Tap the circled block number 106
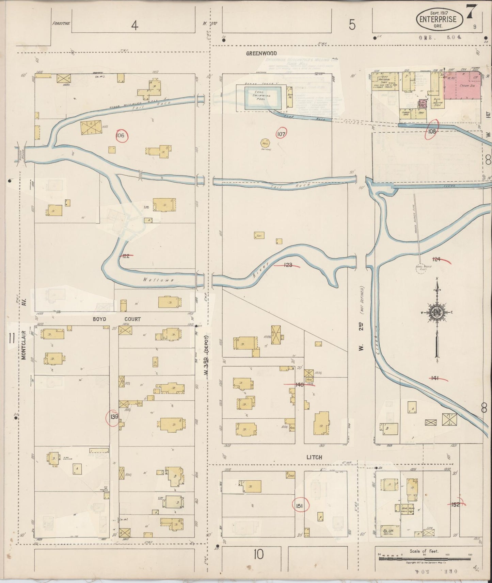121,136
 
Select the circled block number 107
281,134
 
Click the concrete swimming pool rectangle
263,98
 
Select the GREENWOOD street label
261,53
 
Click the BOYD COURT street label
116,319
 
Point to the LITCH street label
314,457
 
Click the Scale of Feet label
424,551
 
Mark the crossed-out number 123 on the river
288,265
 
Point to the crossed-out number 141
435,378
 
